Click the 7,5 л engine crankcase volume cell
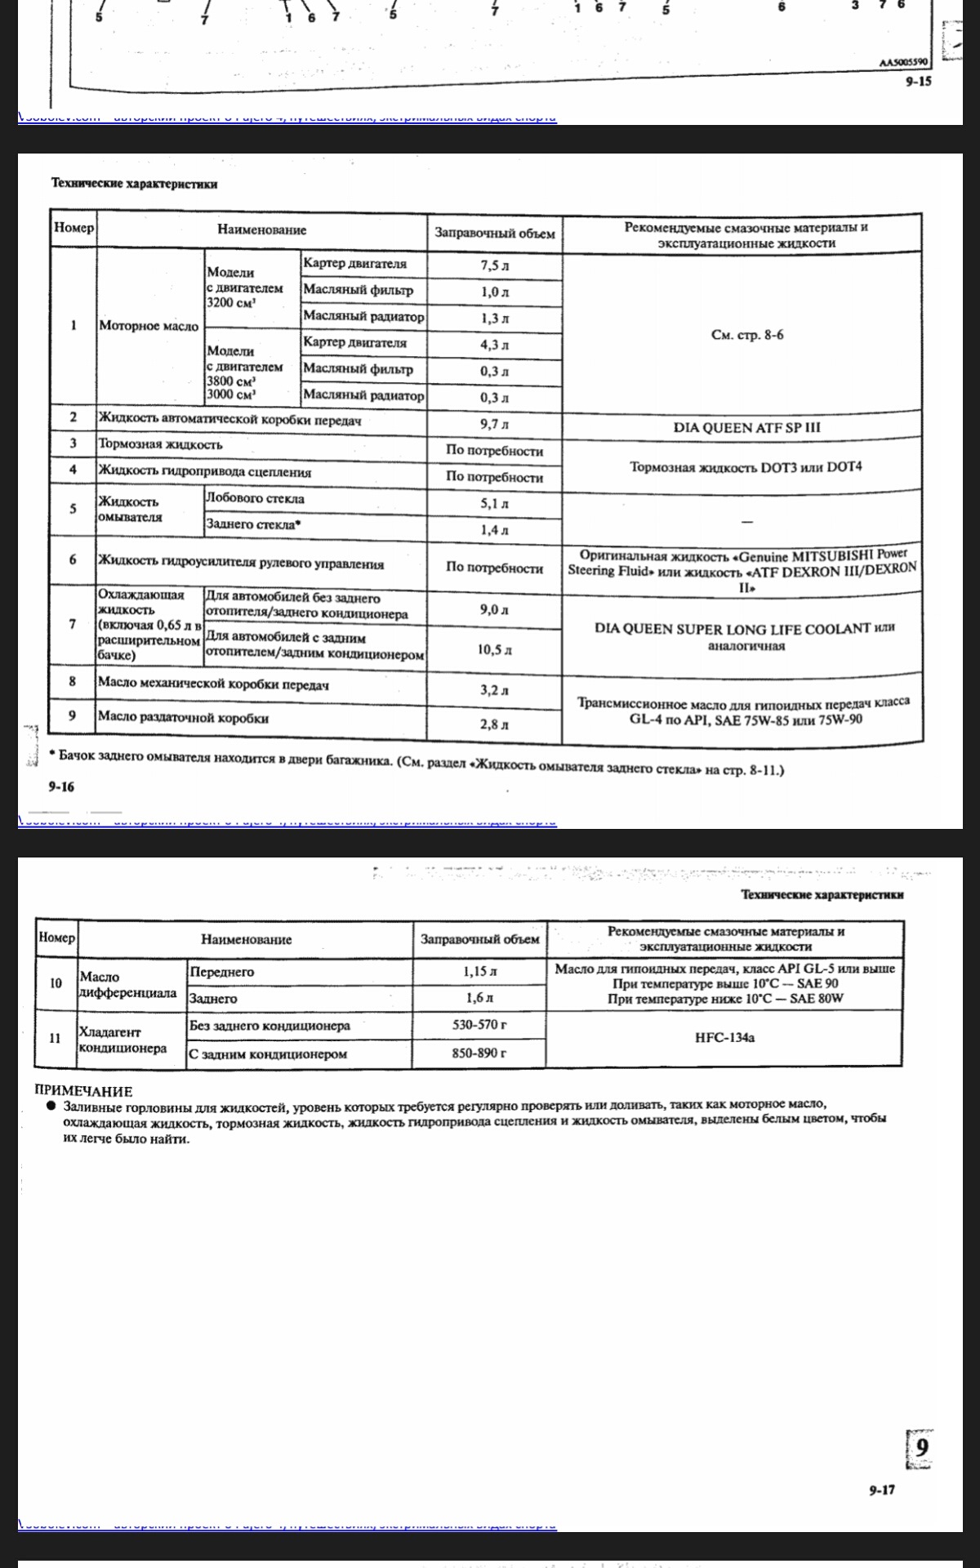[494, 265]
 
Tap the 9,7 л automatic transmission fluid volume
[494, 425]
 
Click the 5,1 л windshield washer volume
[494, 504]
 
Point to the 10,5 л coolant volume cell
[494, 650]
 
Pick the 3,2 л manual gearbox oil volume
[494, 690]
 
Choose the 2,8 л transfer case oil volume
[494, 724]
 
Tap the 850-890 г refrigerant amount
[479, 1053]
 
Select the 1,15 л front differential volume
[479, 972]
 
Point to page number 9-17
[882, 1490]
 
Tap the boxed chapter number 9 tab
[920, 1449]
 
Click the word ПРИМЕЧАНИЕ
[83, 1091]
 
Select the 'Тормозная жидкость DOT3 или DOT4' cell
[745, 467]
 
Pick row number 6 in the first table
[73, 560]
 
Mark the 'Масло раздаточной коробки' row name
[183, 718]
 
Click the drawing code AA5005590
[905, 62]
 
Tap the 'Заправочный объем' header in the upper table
[494, 234]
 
